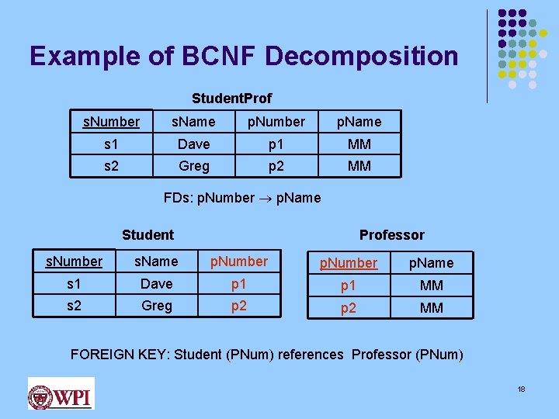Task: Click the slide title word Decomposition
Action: click(x=361, y=56)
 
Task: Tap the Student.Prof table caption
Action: click(x=231, y=99)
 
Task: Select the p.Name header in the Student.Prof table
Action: click(x=359, y=122)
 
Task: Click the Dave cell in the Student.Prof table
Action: click(x=193, y=144)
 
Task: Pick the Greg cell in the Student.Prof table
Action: click(x=193, y=166)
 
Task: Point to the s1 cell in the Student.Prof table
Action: click(x=110, y=144)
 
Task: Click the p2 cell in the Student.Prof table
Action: click(x=276, y=166)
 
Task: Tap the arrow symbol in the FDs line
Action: click(x=265, y=198)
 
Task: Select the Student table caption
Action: click(x=148, y=234)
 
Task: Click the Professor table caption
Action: click(x=391, y=234)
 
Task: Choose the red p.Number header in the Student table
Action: click(x=239, y=261)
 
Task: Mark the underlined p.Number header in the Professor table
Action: click(x=349, y=263)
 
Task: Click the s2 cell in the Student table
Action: click(x=74, y=306)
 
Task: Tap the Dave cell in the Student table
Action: click(x=156, y=284)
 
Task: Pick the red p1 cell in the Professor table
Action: click(x=349, y=286)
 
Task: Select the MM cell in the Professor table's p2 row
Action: click(x=431, y=307)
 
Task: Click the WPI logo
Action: click(x=61, y=393)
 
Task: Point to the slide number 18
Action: click(x=521, y=389)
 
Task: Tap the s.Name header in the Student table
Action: click(x=156, y=262)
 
